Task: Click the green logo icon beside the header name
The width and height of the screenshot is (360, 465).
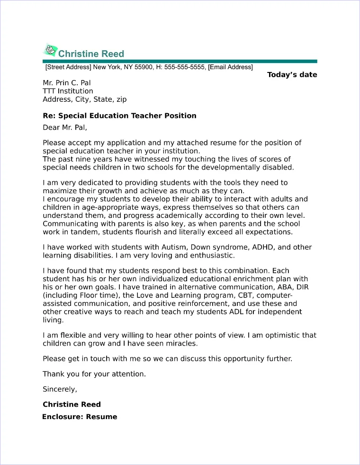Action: pos(49,51)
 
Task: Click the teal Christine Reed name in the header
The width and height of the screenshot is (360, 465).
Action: pos(91,54)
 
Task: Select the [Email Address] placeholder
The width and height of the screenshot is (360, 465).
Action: pos(231,67)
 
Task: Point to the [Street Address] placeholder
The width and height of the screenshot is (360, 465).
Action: pos(68,67)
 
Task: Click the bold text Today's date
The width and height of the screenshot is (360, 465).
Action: pos(292,75)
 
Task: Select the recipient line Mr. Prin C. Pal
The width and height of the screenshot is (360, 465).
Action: pos(66,83)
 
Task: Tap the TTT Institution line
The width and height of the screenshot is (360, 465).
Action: pos(68,91)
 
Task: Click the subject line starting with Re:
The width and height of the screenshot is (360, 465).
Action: pos(119,116)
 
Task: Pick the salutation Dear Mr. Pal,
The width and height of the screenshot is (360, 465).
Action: pos(65,127)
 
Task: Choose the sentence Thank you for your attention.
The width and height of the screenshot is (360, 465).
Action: pos(94,374)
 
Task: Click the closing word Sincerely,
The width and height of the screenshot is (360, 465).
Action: pos(60,389)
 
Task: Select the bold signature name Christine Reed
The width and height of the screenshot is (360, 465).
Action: pos(72,404)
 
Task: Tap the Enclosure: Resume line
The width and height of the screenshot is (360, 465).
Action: pos(80,417)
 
